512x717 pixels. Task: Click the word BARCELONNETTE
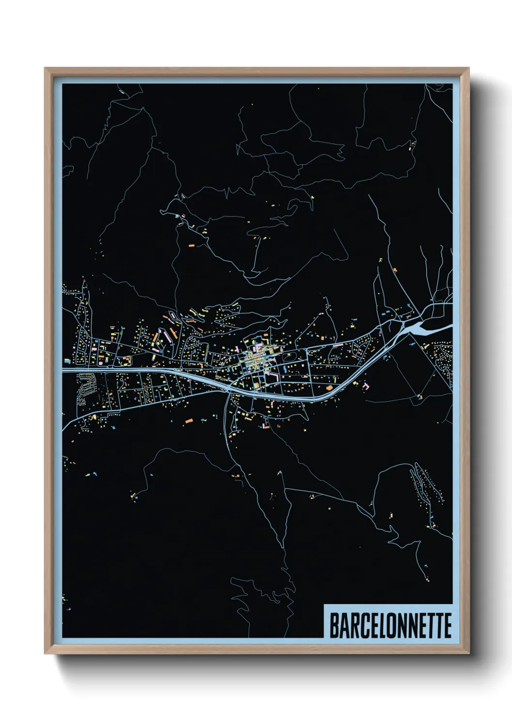390,625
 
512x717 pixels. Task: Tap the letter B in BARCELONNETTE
334,625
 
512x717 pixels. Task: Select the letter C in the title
360,625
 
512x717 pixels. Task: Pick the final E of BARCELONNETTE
447,625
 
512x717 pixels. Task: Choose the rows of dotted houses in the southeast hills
426,484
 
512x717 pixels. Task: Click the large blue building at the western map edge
66,360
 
